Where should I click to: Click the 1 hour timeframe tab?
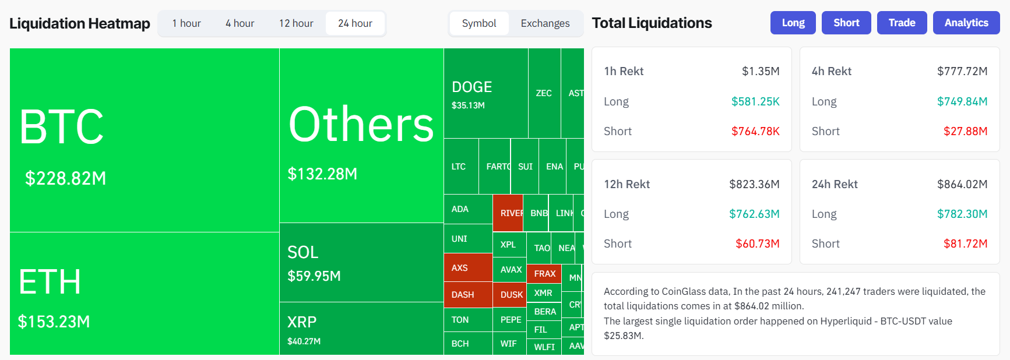tap(186, 23)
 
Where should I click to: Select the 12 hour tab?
tap(296, 23)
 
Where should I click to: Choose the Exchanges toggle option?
tap(545, 23)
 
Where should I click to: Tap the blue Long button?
tap(793, 23)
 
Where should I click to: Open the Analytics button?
tap(966, 23)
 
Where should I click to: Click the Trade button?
tap(902, 23)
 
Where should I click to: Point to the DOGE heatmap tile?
tap(485, 94)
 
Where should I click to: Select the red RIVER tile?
tap(508, 213)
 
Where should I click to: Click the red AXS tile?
tap(467, 268)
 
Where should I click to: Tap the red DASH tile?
tap(467, 295)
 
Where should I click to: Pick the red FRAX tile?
tap(544, 273)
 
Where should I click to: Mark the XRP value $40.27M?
tap(304, 341)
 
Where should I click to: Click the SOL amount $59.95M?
tap(314, 276)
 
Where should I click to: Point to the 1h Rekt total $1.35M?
tap(760, 71)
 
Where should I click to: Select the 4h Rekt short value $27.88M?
tap(965, 131)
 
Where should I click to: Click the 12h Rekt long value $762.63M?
tap(754, 214)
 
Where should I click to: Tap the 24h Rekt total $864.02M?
tap(962, 184)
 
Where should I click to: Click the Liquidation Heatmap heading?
tap(80, 23)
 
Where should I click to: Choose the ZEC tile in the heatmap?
tap(544, 93)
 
